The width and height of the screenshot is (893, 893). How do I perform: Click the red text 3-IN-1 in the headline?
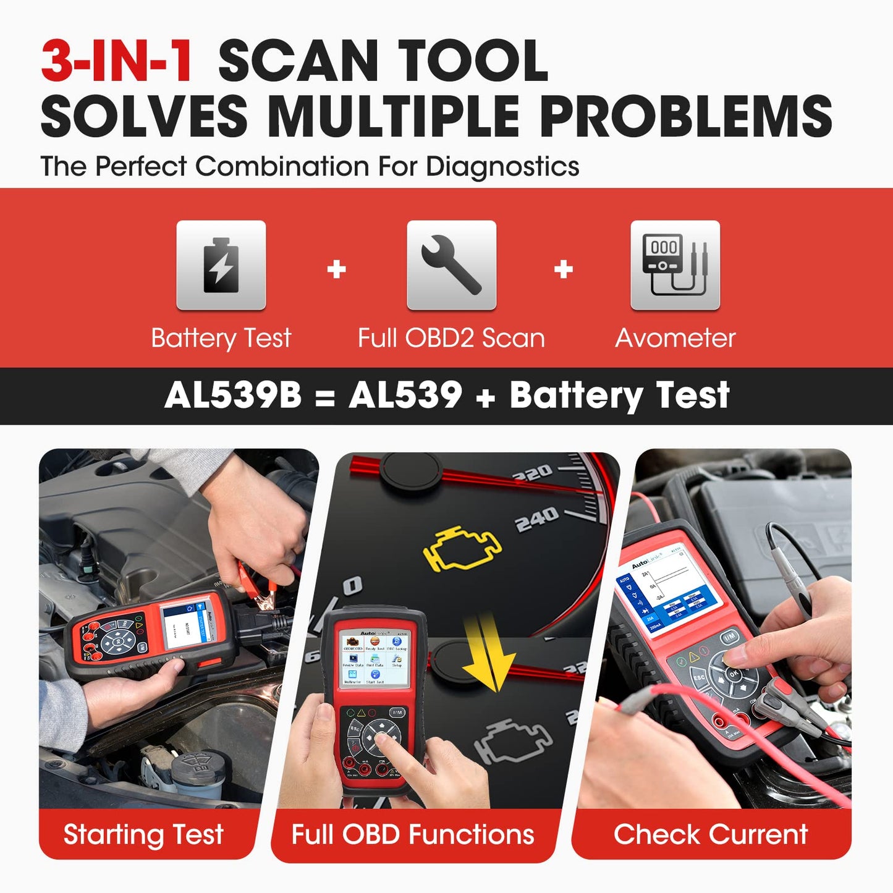point(116,61)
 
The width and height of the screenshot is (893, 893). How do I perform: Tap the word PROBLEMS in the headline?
point(686,116)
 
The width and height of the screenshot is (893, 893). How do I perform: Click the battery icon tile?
point(221,265)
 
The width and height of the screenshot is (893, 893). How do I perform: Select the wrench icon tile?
point(451,265)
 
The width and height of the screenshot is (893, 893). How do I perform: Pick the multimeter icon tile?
point(675,265)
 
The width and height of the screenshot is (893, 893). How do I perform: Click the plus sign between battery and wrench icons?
point(336,269)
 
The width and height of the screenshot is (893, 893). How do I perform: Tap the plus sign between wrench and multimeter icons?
point(563,269)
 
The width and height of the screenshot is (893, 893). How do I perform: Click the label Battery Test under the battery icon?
point(221,338)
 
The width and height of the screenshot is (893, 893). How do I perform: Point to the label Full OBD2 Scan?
point(451,338)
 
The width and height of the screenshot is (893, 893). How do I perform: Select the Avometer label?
point(675,338)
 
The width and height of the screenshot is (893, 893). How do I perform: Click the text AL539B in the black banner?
point(233,395)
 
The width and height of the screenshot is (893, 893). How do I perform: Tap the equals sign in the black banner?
point(324,397)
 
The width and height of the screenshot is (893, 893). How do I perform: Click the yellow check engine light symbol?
point(462,548)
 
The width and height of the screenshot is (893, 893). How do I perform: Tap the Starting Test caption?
point(143,834)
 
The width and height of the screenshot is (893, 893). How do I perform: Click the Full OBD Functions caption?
point(412,834)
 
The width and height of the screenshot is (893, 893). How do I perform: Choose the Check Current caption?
point(711,834)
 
